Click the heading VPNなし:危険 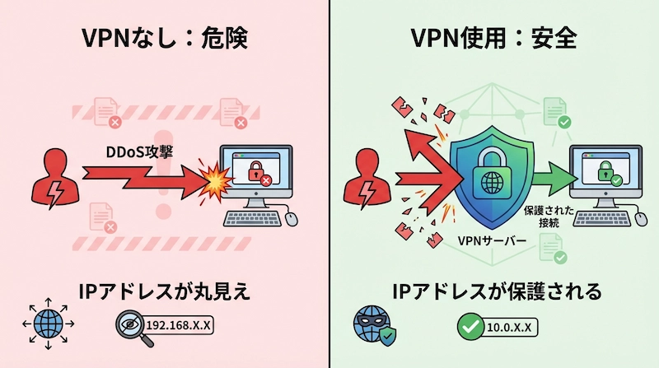click(x=164, y=39)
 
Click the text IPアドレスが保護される click(x=494, y=291)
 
